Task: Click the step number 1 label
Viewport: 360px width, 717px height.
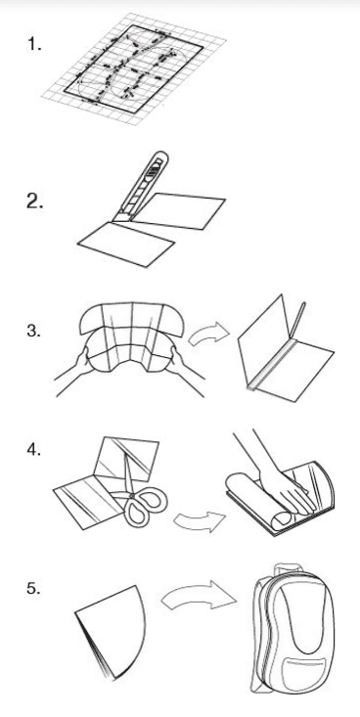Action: click(x=35, y=44)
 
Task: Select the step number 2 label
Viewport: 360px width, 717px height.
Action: click(x=35, y=202)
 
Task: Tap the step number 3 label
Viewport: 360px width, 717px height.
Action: click(x=34, y=331)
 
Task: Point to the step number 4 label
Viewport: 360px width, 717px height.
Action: click(x=35, y=450)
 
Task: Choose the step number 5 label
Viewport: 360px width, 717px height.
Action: click(x=34, y=589)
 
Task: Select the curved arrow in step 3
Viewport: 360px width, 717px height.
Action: click(x=208, y=336)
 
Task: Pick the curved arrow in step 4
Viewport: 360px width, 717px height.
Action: click(x=200, y=521)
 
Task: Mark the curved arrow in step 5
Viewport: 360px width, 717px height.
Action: click(x=199, y=595)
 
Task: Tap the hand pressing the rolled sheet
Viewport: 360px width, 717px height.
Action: click(x=284, y=480)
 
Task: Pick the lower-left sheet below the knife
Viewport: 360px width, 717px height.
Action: click(x=126, y=244)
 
